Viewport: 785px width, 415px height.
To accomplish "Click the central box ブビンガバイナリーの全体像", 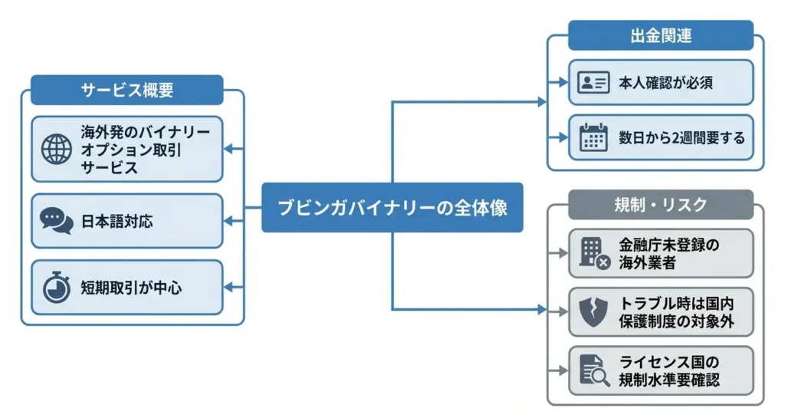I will [392, 207].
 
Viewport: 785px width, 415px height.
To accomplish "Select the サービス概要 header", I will [126, 90].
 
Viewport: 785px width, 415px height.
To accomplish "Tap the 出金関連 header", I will [660, 35].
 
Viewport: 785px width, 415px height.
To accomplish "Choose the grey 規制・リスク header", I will [660, 205].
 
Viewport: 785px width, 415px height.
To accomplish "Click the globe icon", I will [57, 149].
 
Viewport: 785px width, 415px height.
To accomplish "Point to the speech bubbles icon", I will [56, 222].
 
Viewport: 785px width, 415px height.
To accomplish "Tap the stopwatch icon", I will [56, 288].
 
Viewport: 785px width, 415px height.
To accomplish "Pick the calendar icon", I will [594, 138].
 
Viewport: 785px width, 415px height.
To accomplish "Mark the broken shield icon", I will [594, 311].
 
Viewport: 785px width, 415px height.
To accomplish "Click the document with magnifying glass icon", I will [595, 371].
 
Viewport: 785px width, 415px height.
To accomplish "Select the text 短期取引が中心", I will [131, 288].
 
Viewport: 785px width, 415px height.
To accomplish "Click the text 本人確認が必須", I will [665, 83].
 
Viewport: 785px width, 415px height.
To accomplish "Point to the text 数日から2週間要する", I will [682, 138].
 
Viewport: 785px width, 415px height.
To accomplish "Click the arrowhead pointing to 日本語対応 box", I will [228, 207].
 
